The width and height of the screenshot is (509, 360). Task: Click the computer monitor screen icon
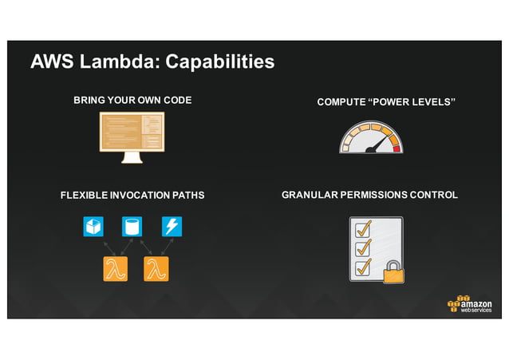coord(132,131)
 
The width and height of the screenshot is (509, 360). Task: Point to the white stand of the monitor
coord(132,157)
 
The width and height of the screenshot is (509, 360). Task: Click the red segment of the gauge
coord(396,148)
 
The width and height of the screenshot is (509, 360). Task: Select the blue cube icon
coord(93,227)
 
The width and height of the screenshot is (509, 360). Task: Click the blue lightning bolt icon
coord(172,227)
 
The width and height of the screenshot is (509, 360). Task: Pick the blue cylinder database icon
coord(132,227)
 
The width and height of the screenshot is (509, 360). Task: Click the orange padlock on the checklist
coord(393,272)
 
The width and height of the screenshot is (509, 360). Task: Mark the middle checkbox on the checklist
coord(363,248)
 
